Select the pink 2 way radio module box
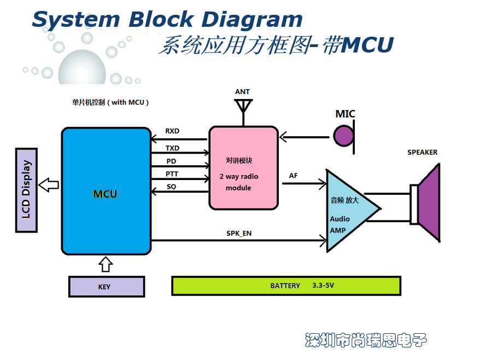(243, 167)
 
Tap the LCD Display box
(26, 190)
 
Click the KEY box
(106, 287)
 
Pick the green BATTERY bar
(286, 286)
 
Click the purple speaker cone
(429, 203)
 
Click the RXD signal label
(172, 131)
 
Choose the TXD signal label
(172, 148)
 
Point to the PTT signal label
(172, 174)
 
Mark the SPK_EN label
(239, 233)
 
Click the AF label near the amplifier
(294, 176)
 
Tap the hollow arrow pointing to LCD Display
(49, 184)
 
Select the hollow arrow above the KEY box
(106, 265)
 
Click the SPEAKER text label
(422, 152)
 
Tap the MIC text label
(345, 114)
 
